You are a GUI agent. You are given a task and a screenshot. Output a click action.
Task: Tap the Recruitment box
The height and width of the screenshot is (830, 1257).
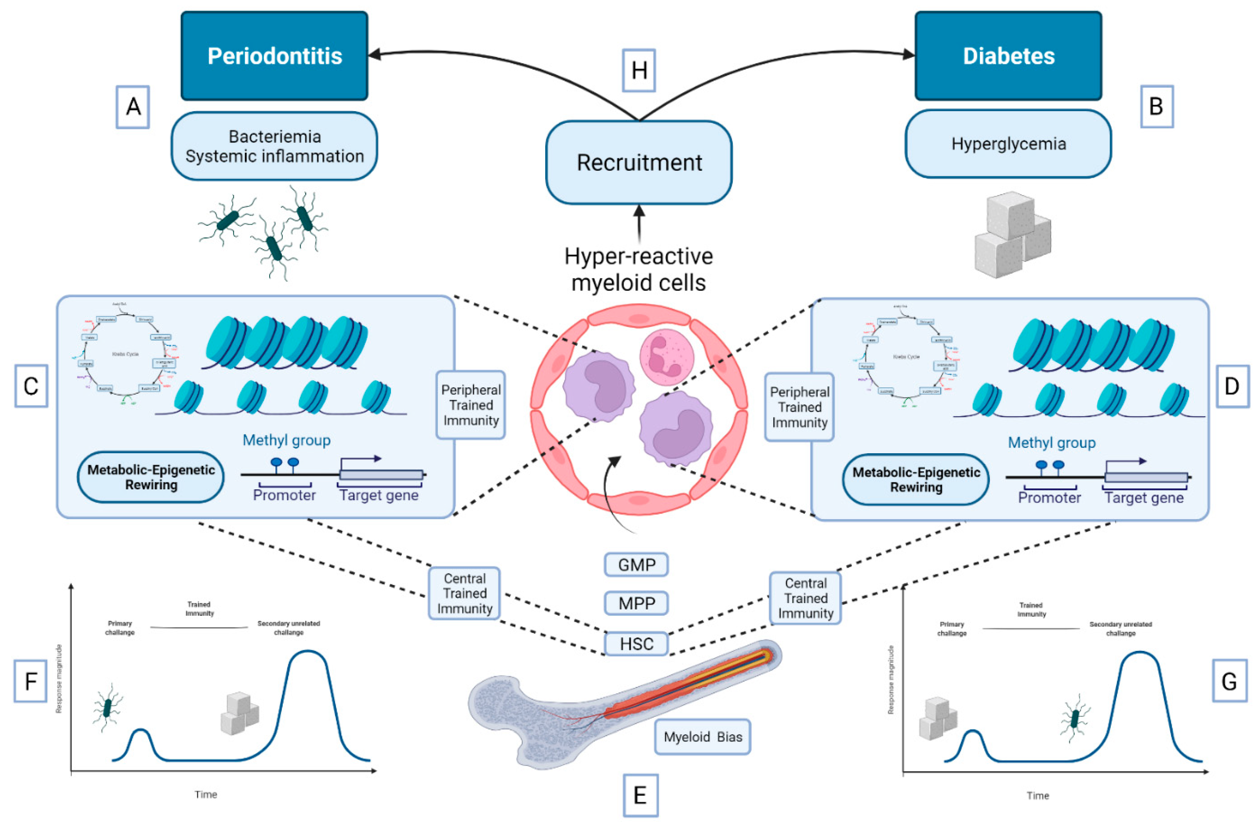tap(639, 163)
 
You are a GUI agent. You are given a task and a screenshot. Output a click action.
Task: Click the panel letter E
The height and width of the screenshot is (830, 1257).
tap(640, 795)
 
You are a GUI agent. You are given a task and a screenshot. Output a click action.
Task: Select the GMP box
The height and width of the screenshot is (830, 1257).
tap(636, 565)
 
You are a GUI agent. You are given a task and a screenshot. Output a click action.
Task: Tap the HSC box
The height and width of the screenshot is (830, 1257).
tap(636, 644)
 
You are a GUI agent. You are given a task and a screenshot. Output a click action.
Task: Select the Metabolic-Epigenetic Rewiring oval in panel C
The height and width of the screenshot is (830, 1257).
tap(151, 477)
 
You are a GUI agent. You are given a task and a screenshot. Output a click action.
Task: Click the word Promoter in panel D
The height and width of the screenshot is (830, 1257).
tap(1049, 498)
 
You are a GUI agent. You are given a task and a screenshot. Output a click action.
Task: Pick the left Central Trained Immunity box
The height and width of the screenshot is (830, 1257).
tap(464, 593)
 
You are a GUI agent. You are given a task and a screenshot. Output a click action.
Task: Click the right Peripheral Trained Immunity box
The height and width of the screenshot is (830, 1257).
tap(799, 407)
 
